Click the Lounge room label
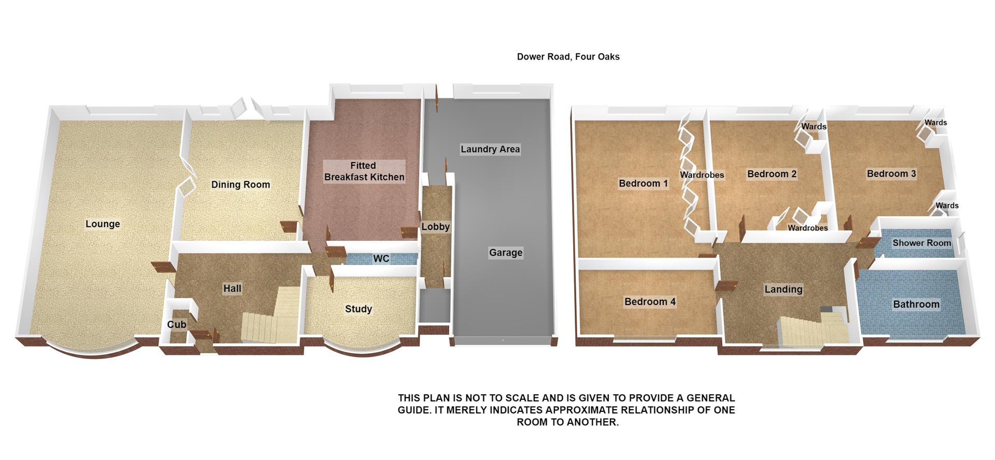(103, 224)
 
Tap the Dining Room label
(240, 184)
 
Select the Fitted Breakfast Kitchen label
(364, 171)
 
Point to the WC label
(381, 258)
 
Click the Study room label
(359, 309)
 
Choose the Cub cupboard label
(177, 325)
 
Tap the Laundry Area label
(490, 149)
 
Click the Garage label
(506, 253)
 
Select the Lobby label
(435, 227)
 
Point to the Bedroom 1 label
(644, 183)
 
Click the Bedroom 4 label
(650, 301)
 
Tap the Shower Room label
(921, 243)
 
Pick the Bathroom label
(916, 304)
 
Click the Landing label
(783, 289)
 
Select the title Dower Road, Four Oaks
(568, 57)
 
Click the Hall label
(232, 289)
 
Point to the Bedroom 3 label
(891, 174)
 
